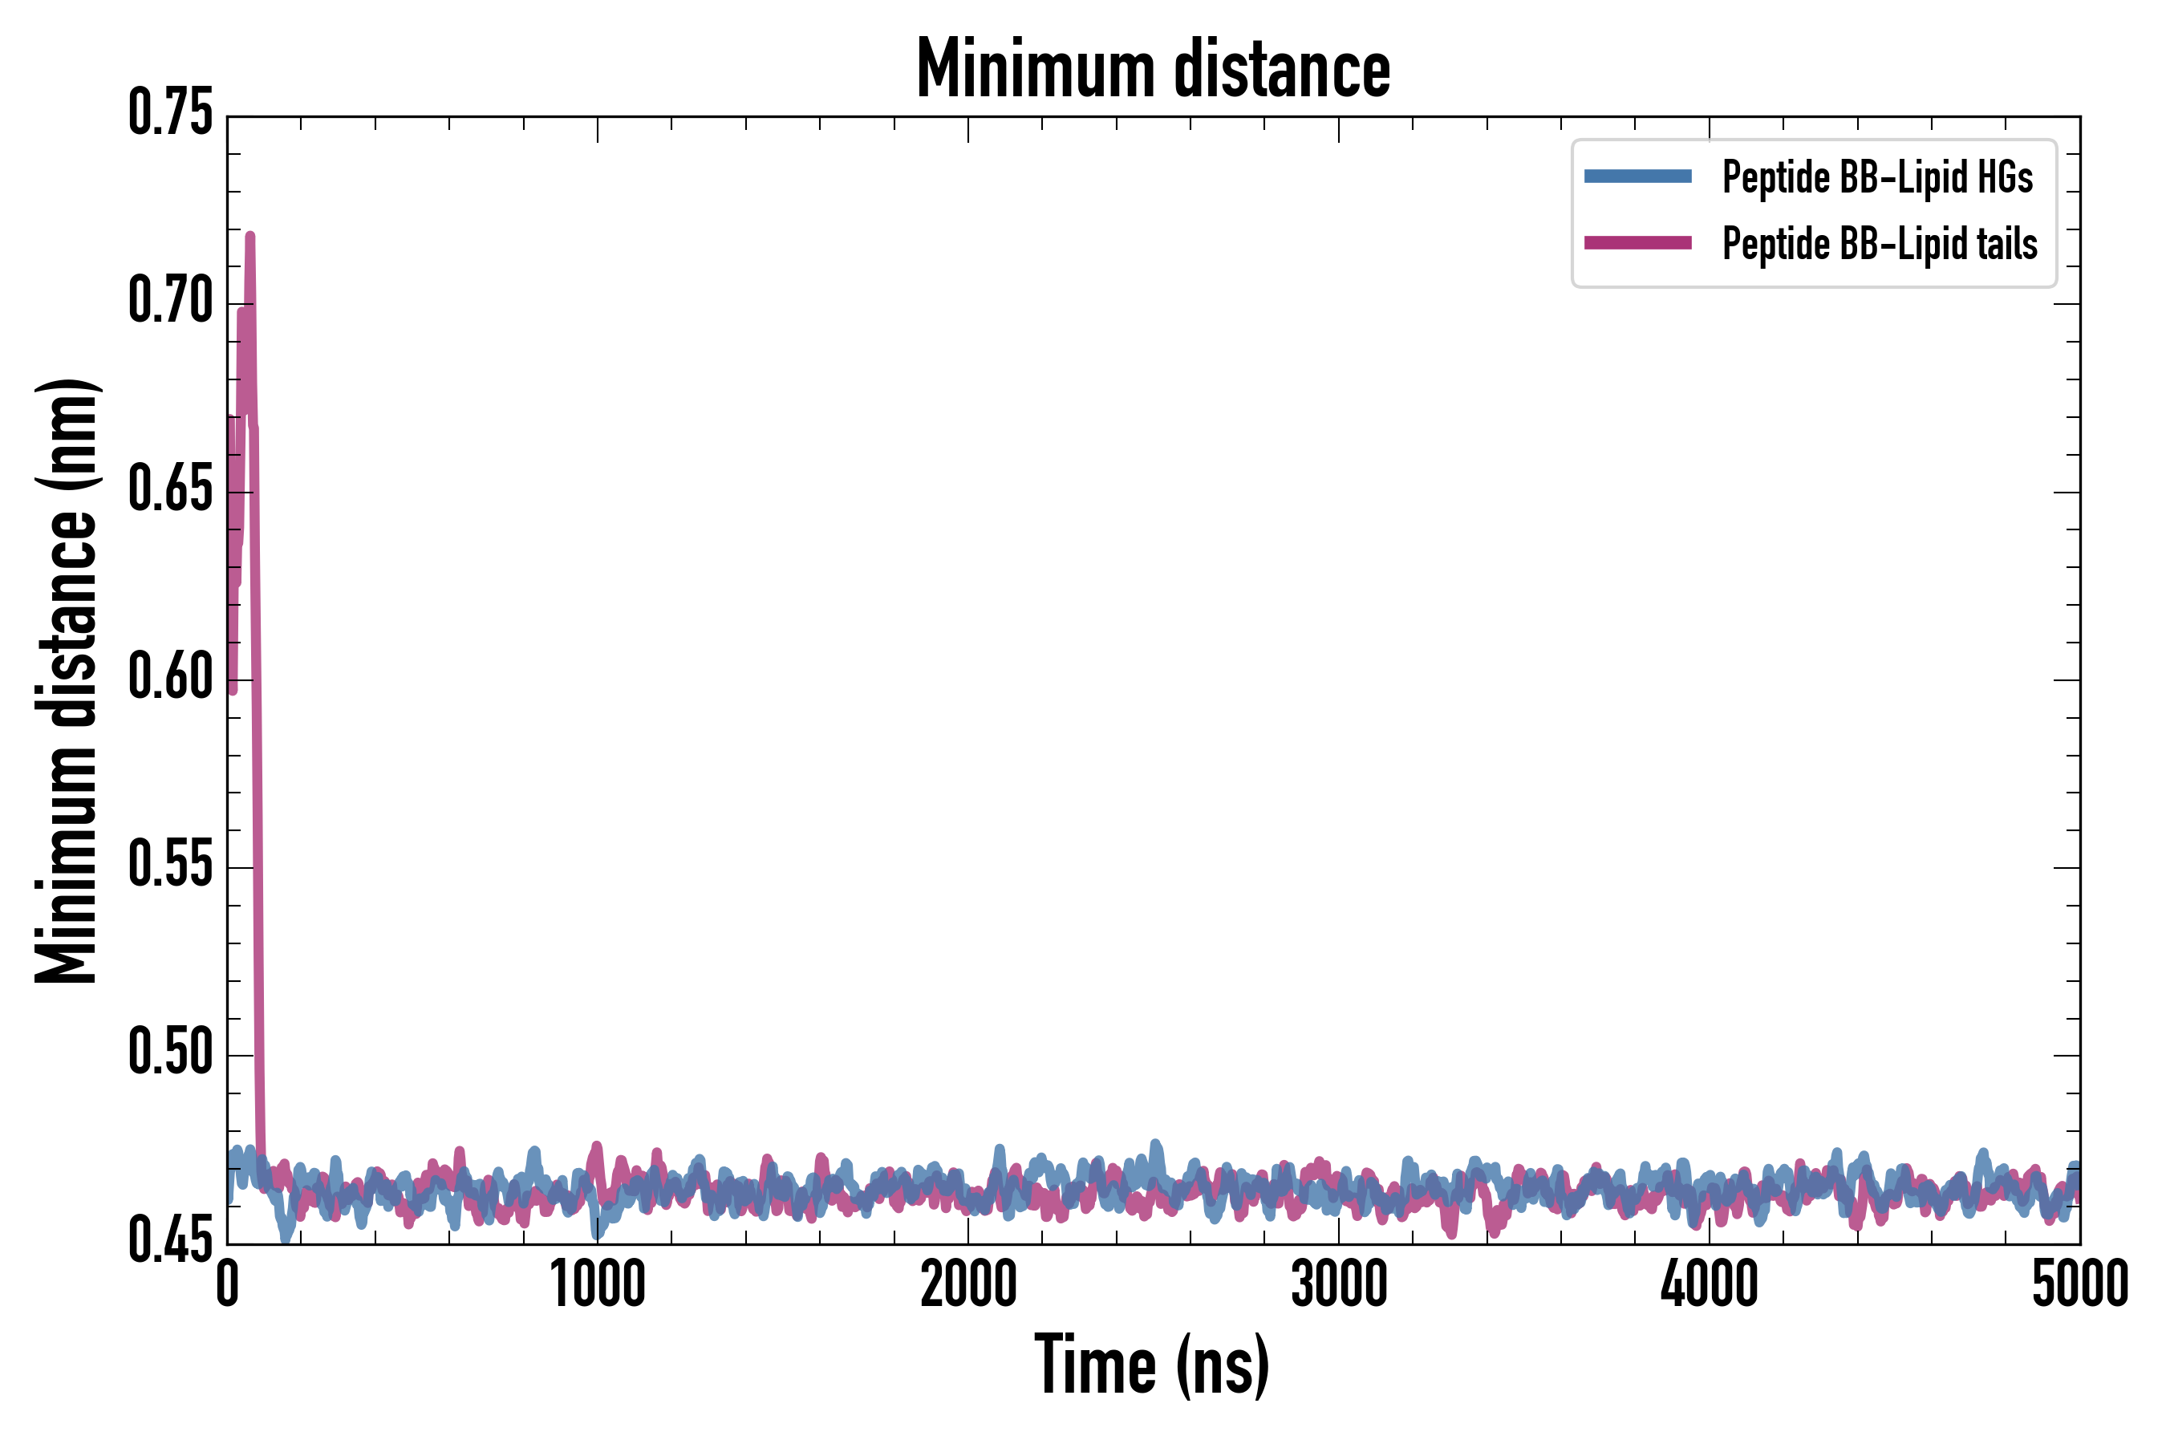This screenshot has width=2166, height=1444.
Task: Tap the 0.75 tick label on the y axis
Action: click(x=170, y=114)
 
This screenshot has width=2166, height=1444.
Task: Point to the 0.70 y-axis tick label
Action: click(x=170, y=302)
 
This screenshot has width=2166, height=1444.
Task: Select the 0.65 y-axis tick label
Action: click(x=170, y=490)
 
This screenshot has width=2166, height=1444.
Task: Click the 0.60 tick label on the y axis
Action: click(x=170, y=679)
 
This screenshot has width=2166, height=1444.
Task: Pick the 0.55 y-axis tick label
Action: click(x=170, y=866)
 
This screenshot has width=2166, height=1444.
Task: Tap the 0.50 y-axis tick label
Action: click(x=170, y=1053)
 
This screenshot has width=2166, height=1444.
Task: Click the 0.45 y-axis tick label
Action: click(x=170, y=1241)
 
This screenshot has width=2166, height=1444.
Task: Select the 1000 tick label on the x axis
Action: click(x=598, y=1284)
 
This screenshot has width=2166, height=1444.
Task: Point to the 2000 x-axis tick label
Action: click(x=968, y=1284)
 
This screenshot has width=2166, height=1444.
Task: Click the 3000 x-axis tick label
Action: click(x=1338, y=1284)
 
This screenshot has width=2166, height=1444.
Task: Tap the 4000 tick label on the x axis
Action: click(x=1710, y=1284)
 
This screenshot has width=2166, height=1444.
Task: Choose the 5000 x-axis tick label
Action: click(x=2079, y=1284)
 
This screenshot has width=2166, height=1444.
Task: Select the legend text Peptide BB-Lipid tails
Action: click(x=1880, y=244)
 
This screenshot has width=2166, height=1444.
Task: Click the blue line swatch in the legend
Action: click(x=1637, y=176)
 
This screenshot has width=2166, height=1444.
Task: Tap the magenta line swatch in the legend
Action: click(x=1637, y=243)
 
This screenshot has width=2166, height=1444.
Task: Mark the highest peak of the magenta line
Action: click(x=249, y=236)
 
